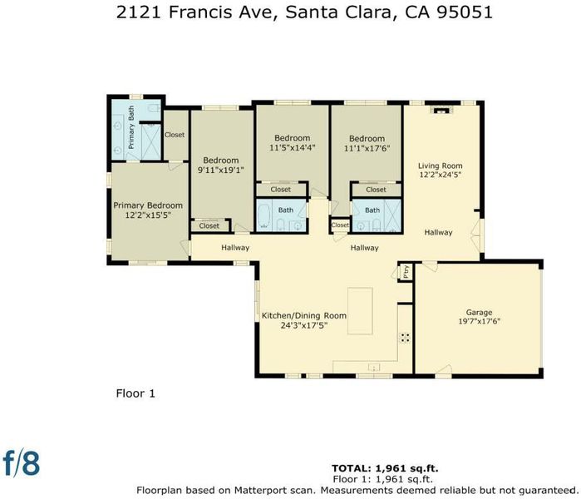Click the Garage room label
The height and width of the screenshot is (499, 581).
[479, 313]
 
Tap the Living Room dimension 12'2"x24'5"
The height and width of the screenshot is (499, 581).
[441, 175]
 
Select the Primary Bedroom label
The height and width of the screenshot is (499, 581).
[148, 205]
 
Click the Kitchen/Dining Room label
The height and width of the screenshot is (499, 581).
[304, 316]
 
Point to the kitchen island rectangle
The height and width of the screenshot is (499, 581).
[360, 311]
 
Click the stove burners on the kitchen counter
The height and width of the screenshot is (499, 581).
[405, 338]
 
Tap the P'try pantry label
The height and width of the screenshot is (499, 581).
[406, 271]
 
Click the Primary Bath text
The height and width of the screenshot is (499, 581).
[131, 127]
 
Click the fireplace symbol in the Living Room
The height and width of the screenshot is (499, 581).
[441, 110]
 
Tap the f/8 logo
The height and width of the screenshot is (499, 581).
[21, 462]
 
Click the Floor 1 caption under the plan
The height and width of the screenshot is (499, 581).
[135, 393]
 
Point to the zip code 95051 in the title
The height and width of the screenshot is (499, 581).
[465, 12]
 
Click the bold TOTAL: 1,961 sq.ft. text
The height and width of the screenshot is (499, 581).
[385, 468]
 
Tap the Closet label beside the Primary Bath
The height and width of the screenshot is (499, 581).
[175, 135]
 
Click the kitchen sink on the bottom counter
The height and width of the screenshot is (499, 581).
[374, 368]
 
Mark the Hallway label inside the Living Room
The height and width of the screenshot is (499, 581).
[438, 232]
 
